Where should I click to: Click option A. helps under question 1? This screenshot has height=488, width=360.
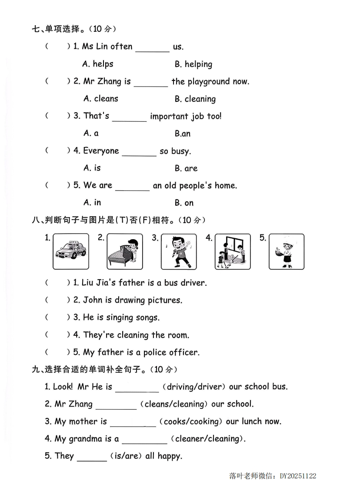[x=98, y=64]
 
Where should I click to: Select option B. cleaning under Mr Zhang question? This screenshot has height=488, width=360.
[x=195, y=99]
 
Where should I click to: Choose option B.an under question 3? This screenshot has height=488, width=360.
[x=183, y=134]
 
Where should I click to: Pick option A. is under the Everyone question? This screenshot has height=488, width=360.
[x=92, y=168]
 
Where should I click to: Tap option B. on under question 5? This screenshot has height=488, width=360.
[x=184, y=203]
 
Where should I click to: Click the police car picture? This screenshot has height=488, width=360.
[x=71, y=251]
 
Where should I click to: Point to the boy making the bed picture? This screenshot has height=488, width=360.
[x=125, y=251]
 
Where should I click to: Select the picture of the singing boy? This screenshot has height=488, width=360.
[x=179, y=251]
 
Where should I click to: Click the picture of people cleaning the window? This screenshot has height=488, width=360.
[x=233, y=251]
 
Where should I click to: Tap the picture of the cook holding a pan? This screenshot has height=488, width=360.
[x=286, y=251]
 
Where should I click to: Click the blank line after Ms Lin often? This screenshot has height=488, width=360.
[x=152, y=48]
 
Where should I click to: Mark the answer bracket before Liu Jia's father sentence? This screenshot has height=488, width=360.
[x=57, y=283]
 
